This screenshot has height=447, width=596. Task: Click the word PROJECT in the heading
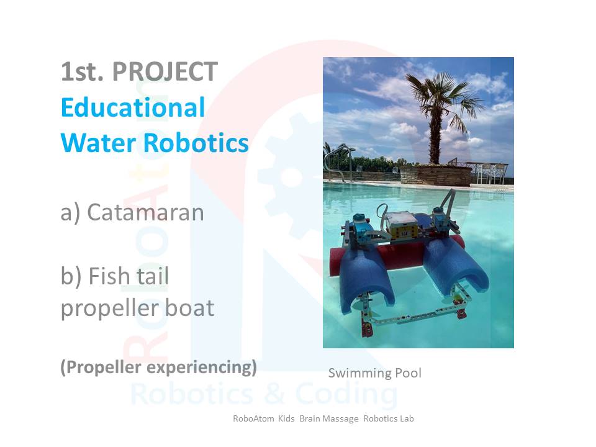[165, 71]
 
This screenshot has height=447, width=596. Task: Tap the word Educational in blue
[133, 107]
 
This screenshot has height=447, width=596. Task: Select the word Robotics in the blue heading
[196, 143]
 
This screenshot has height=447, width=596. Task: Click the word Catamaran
[145, 212]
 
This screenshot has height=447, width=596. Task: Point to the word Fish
[109, 276]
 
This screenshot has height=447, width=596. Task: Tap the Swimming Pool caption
[375, 373]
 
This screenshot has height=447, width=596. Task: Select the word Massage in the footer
[329, 419]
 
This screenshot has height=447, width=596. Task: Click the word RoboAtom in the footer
[253, 418]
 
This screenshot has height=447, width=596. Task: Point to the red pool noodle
[395, 255]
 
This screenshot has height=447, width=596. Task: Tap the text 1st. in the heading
[82, 71]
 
